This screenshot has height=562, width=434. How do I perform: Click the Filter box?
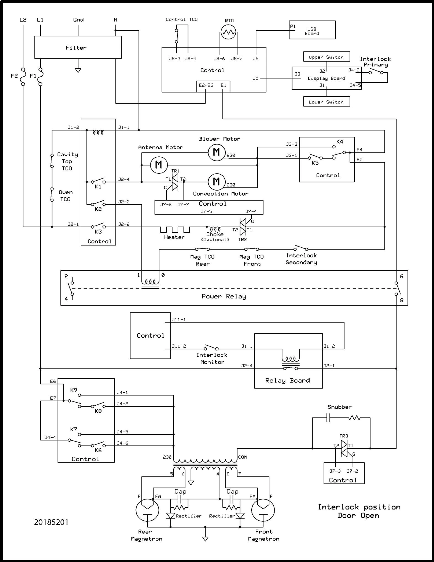pyautogui.click(x=78, y=47)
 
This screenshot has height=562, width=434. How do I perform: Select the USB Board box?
pyautogui.click(x=312, y=30)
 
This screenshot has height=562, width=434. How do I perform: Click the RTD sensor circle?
pyautogui.click(x=228, y=32)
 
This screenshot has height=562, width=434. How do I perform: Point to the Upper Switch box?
pyautogui.click(x=327, y=57)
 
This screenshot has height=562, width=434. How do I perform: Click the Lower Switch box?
pyautogui.click(x=327, y=101)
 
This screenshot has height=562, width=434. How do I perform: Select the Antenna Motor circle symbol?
pyautogui.click(x=159, y=165)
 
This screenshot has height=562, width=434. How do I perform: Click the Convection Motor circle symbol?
pyautogui.click(x=217, y=181)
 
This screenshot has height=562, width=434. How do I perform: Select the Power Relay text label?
pyautogui.click(x=224, y=296)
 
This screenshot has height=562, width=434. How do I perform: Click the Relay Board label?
pyautogui.click(x=287, y=380)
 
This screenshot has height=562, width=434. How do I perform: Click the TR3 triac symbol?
pyautogui.click(x=344, y=448)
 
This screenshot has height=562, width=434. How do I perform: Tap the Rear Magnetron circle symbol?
pyautogui.click(x=147, y=510)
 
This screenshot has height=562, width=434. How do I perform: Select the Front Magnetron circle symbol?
pyautogui.click(x=263, y=510)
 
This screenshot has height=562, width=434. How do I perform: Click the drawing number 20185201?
pyautogui.click(x=51, y=522)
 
